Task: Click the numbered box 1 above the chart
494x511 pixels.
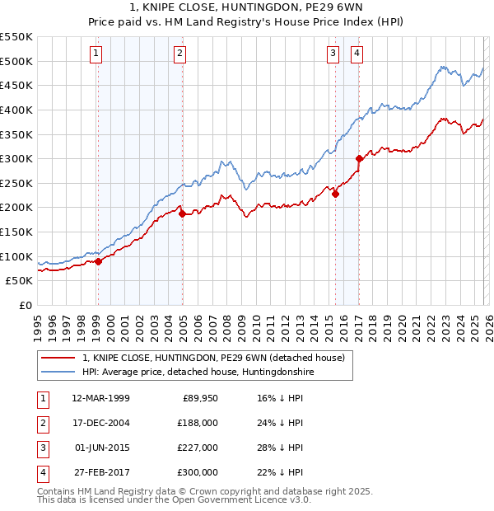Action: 96,54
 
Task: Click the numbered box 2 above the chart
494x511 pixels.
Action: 180,54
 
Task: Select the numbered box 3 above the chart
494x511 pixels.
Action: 333,54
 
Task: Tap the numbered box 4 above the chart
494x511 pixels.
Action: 357,54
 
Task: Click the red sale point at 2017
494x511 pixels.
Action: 359,158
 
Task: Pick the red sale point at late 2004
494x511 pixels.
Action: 182,213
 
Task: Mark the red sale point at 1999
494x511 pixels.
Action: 98,261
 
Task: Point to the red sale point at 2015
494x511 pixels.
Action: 335,195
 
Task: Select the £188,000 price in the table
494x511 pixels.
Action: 198,424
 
